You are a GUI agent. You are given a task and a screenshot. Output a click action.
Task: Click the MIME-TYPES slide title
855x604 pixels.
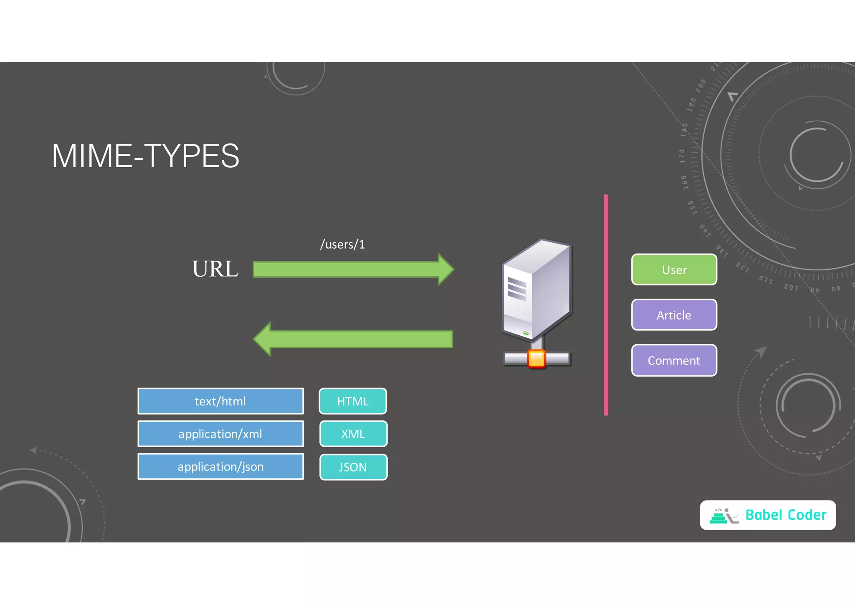(145, 156)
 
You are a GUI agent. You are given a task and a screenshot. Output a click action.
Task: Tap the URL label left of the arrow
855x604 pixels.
(215, 269)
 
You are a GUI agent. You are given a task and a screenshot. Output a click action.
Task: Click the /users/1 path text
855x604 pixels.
(342, 244)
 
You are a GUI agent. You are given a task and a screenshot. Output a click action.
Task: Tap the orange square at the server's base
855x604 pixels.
(536, 359)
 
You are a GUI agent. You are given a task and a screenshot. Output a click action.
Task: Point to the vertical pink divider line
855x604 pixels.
(606, 305)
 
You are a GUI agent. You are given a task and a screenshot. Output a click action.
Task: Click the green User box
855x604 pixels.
(674, 270)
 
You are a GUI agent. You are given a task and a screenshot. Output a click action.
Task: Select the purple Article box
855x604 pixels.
(674, 315)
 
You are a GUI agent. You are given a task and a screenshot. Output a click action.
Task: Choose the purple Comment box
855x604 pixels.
(674, 360)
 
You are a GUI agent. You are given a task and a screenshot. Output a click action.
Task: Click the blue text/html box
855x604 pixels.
(220, 401)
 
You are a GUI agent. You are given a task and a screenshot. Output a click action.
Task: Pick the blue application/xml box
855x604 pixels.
(220, 434)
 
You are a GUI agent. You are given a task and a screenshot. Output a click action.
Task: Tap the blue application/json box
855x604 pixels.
(220, 467)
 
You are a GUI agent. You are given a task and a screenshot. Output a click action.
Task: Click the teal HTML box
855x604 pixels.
(353, 401)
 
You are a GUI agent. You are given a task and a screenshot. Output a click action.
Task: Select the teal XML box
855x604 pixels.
(353, 434)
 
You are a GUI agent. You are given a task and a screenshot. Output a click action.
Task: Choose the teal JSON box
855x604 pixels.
(353, 467)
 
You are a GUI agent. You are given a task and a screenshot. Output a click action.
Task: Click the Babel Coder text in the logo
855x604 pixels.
(786, 515)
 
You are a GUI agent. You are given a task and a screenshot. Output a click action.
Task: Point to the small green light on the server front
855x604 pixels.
(526, 333)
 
